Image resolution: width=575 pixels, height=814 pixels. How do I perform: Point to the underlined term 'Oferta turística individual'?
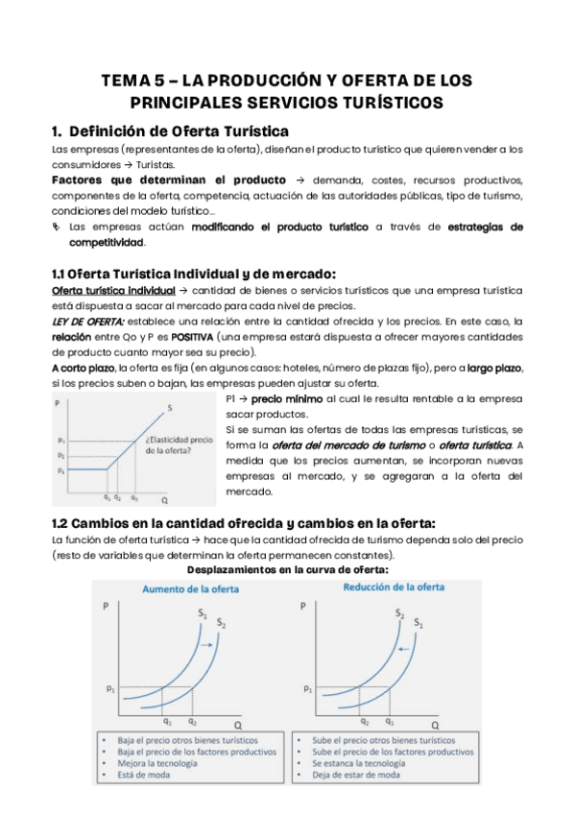[x=112, y=290]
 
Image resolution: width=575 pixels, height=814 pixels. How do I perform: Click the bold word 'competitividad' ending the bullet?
[x=106, y=243]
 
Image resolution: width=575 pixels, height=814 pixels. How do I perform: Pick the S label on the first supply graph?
[x=170, y=407]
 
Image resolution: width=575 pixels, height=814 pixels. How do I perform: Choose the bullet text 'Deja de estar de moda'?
[x=356, y=776]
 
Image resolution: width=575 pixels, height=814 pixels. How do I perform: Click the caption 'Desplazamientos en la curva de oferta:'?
[x=287, y=568]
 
